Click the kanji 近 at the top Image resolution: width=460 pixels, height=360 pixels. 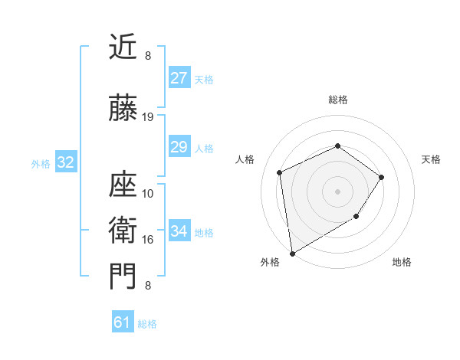tap(123, 47)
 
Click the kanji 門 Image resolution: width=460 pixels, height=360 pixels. tap(123, 277)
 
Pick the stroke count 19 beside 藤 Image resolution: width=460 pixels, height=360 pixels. tap(148, 117)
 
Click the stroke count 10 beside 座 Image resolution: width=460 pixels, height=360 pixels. tap(148, 194)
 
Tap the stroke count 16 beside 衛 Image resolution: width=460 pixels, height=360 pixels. tap(148, 240)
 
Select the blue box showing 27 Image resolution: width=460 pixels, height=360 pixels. tap(179, 78)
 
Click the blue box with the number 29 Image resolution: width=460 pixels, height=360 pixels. tap(179, 147)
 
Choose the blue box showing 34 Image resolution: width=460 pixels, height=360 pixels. tap(179, 231)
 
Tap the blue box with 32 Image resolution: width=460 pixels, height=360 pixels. tap(65, 162)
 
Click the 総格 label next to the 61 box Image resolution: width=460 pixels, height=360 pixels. tap(147, 324)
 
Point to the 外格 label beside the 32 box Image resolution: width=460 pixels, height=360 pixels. tap(41, 163)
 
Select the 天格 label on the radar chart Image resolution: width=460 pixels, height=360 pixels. tap(431, 159)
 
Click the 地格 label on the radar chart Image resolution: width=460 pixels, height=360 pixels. tap(402, 262)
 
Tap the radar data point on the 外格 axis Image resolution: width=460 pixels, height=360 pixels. tap(291, 253)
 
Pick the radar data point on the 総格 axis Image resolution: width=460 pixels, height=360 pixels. tap(337, 146)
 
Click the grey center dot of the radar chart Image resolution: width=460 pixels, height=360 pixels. tap(337, 191)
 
